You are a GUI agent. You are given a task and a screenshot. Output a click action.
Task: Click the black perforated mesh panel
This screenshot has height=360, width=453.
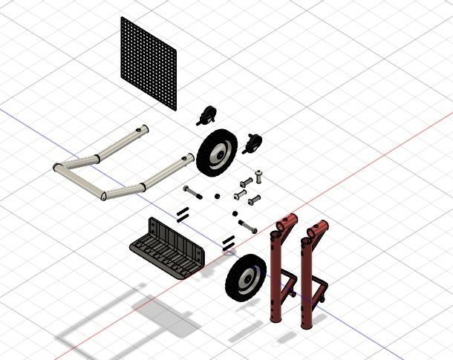149,62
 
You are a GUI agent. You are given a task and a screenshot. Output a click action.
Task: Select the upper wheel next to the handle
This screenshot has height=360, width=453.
217,151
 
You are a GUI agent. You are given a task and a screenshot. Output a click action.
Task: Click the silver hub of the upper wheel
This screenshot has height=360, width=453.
220,153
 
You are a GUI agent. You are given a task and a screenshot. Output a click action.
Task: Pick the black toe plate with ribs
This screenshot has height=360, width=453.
168,249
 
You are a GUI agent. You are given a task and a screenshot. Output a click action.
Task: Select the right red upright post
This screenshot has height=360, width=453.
308,282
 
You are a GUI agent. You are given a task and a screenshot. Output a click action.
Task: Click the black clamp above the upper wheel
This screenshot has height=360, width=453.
206,115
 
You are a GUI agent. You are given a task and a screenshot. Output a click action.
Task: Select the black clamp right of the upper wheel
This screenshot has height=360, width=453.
253,142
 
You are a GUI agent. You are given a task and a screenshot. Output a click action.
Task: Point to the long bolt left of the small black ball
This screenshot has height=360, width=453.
192,192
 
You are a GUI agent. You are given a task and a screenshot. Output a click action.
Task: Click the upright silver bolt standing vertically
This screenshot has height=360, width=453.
259,177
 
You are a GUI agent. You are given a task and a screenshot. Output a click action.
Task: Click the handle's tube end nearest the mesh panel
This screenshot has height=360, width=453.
141,131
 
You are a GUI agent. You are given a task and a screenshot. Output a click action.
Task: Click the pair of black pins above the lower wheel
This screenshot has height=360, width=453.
228,241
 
